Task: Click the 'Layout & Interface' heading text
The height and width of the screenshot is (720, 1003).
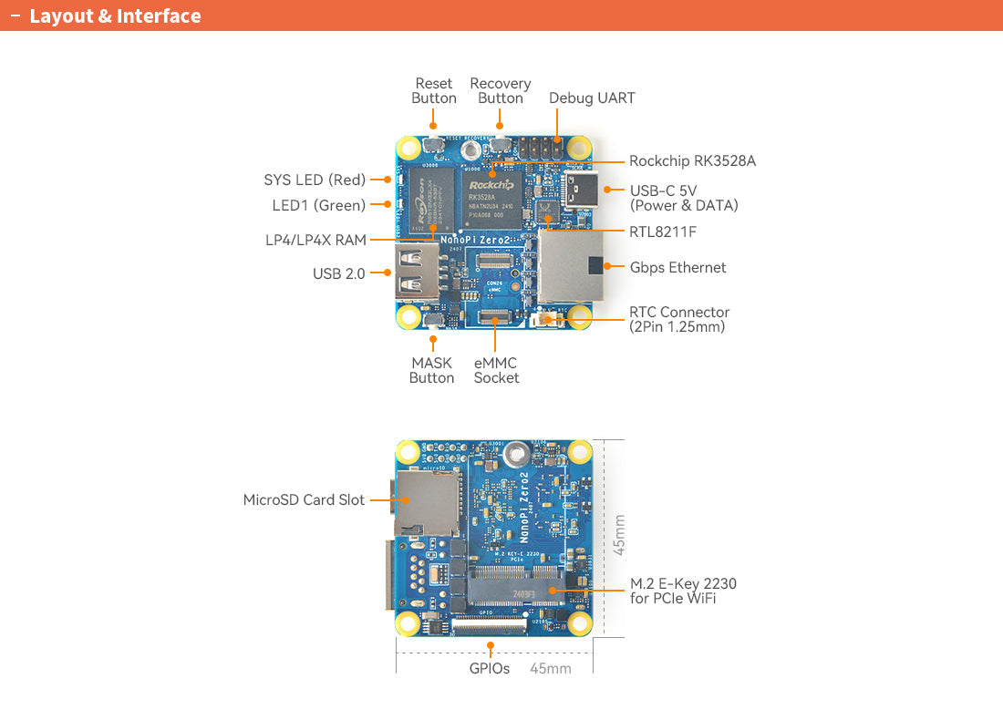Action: point(115,16)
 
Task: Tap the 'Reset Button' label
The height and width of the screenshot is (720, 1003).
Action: point(434,91)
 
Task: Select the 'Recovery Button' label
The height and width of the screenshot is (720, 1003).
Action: point(501,91)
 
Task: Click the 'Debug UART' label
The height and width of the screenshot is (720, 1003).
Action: point(592,98)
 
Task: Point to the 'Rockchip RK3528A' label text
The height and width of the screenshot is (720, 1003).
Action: point(692,161)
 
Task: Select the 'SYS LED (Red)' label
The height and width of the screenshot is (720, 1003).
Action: point(315,180)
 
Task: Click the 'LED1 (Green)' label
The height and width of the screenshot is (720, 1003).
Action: point(319,206)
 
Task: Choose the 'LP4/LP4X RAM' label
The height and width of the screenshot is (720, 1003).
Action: point(315,241)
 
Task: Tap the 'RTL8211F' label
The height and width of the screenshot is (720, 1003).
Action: point(662,232)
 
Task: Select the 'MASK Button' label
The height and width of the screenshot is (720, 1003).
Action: point(431,371)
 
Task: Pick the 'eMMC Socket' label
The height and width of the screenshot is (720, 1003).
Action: point(496,371)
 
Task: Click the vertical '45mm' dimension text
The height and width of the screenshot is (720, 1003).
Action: point(619,535)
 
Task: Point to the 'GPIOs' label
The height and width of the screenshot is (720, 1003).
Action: point(490,668)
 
